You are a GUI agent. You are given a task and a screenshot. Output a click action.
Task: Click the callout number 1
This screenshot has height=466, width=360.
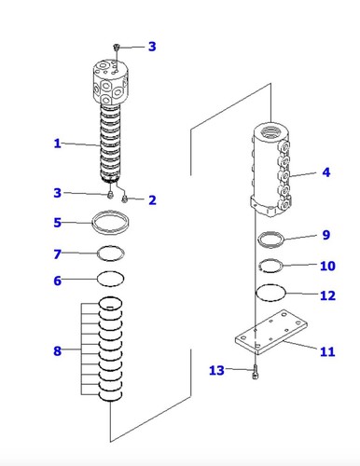click(x=57, y=144)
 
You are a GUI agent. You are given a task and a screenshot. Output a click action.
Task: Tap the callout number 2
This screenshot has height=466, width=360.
click(x=152, y=200)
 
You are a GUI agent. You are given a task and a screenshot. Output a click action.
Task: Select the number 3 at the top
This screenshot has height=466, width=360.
click(x=152, y=47)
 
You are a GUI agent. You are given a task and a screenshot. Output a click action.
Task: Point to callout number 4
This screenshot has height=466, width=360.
click(x=325, y=172)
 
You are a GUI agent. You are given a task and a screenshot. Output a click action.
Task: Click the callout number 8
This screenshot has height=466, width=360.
click(x=57, y=350)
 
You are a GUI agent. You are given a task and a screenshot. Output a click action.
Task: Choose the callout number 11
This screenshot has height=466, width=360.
click(x=327, y=351)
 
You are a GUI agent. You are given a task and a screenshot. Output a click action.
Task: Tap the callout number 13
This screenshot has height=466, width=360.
click(x=216, y=370)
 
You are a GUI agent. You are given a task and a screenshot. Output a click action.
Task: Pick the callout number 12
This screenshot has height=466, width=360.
click(x=327, y=295)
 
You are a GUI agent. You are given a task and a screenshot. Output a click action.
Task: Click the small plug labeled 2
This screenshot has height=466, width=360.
click(x=125, y=199)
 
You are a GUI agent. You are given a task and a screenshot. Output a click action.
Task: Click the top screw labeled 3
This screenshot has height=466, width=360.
click(x=117, y=48)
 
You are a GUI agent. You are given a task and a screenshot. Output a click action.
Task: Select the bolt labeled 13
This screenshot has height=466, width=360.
click(x=256, y=372)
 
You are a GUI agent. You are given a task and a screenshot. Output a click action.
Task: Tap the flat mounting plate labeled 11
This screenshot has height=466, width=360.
click(x=271, y=332)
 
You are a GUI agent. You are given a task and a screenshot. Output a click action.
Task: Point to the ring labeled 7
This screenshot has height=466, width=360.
click(x=111, y=246)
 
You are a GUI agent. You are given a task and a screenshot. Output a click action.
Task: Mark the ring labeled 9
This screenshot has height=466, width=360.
click(x=271, y=232)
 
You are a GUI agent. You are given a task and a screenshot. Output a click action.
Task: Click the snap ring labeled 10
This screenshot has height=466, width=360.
click(x=271, y=259)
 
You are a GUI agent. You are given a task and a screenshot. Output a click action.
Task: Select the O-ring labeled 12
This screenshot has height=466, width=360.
click(x=270, y=284)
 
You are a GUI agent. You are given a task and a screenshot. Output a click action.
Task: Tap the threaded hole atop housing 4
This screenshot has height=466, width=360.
click(x=271, y=130)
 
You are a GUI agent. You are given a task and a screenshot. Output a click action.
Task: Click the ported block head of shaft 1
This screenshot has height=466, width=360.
click(x=111, y=81)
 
